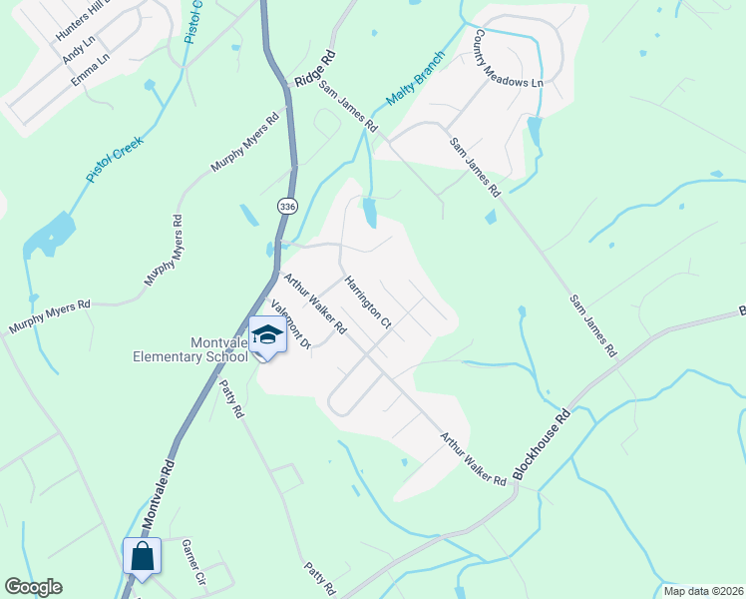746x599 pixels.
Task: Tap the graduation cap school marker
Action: (x=267, y=335)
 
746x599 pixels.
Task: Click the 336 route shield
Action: (x=288, y=207)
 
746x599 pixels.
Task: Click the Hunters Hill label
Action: (x=84, y=20)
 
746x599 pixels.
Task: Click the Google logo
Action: (x=33, y=587)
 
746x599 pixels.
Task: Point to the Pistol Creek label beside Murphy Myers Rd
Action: (x=115, y=158)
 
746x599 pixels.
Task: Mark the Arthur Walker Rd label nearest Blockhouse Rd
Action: (x=473, y=458)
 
